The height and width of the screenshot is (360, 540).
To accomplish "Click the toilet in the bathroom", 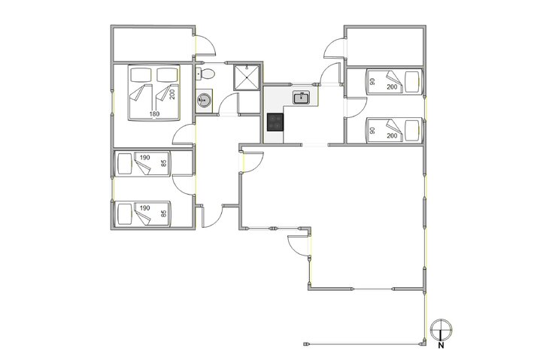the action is (x=205, y=74).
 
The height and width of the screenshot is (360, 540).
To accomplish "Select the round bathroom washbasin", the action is (x=204, y=101).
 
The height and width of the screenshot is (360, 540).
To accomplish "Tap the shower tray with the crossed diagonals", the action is (x=247, y=77).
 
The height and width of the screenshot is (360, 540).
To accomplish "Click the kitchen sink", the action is (x=302, y=98).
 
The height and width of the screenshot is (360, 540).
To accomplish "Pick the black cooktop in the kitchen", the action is (x=275, y=123).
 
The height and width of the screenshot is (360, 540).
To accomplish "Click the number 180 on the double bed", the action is (x=155, y=113).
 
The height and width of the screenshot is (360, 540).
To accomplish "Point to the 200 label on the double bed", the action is (x=172, y=94).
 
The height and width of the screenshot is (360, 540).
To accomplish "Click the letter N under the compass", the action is (x=441, y=346).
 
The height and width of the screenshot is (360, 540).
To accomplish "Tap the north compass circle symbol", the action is (x=441, y=330).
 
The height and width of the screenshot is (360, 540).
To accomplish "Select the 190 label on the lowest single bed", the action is (x=145, y=208).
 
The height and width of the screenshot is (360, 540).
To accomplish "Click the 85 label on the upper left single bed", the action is (x=164, y=163).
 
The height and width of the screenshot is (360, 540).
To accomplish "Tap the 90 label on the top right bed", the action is (x=372, y=82).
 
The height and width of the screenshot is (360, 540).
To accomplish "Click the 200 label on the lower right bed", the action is (x=392, y=136).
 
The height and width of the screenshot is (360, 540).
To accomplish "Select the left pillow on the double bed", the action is (x=141, y=74).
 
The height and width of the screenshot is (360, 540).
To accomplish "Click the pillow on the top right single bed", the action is (x=412, y=82).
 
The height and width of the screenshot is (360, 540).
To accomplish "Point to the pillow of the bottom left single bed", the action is (x=125, y=214).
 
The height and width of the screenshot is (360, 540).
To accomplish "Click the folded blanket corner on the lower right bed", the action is (x=393, y=126).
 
